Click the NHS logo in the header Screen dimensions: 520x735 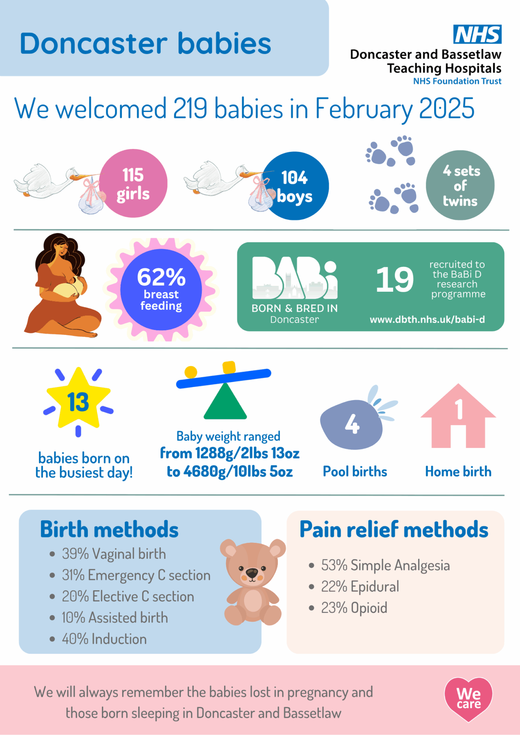click(477, 34)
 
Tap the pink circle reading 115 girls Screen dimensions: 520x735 click(133, 183)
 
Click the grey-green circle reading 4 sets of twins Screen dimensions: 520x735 click(460, 185)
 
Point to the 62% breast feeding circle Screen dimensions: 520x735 click(161, 289)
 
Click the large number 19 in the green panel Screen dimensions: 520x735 click(395, 279)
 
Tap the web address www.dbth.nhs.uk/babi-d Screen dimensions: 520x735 click(427, 319)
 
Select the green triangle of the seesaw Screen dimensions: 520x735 click(225, 401)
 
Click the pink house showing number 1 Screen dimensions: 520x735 click(458, 416)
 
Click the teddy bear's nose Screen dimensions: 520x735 click(252, 573)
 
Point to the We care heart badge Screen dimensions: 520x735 click(468, 699)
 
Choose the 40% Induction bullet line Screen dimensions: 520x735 click(98, 639)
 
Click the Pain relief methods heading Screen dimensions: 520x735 click(394, 530)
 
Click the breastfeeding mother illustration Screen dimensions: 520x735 click(62, 286)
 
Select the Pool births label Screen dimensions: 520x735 click(355, 471)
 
